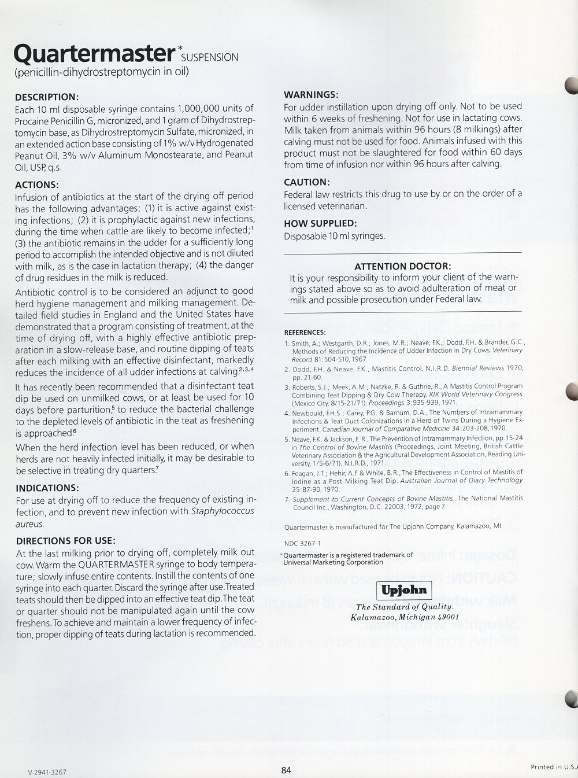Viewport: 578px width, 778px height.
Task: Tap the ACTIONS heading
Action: pos(37,185)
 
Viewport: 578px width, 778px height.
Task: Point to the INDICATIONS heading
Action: pos(47,488)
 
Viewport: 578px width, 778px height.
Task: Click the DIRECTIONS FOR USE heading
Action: pos(65,541)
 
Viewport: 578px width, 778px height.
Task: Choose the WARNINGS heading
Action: pos(311,95)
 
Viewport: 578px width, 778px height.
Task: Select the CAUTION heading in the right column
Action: pos(307,182)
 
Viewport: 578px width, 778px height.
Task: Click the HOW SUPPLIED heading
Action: pos(320,223)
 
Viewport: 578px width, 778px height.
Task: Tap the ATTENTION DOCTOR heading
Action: pos(402,266)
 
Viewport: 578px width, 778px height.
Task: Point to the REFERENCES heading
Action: pos(305,333)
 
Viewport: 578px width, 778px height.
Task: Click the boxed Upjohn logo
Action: pos(404,589)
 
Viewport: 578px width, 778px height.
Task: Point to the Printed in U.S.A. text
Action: pos(554,767)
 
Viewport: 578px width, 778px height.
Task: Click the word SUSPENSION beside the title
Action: pos(210,57)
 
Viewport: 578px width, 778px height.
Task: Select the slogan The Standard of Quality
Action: pos(405,607)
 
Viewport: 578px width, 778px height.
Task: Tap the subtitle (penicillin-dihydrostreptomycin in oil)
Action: pos(102,72)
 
